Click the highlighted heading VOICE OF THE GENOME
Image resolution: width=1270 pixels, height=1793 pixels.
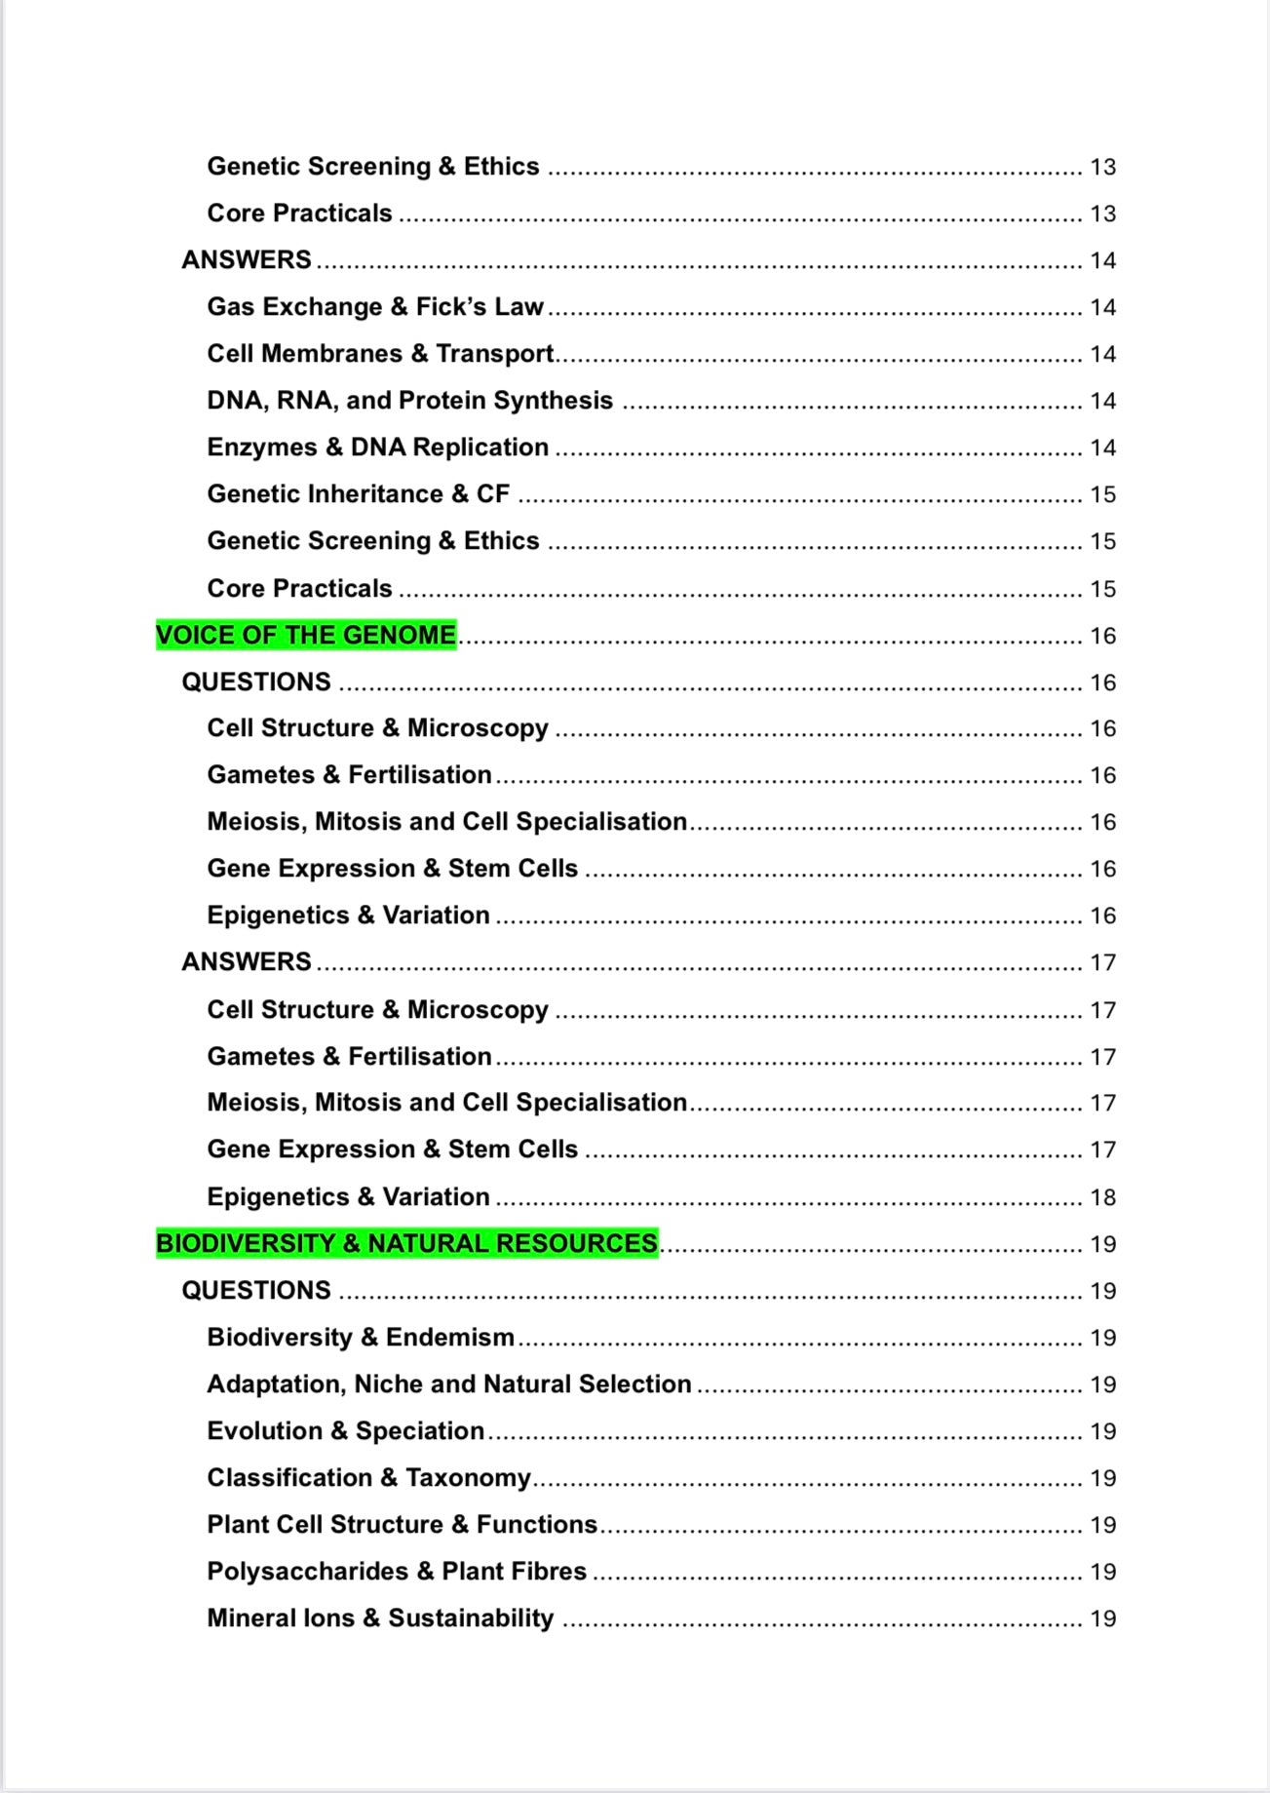[x=305, y=636]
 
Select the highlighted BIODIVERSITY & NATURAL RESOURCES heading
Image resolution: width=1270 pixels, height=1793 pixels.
[x=406, y=1244]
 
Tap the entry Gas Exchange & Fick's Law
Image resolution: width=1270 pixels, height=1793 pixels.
[x=374, y=307]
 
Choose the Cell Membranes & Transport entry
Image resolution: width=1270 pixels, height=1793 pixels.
[x=380, y=354]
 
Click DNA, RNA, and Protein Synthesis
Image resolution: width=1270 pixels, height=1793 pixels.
[x=409, y=401]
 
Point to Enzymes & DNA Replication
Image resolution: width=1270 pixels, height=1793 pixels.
[x=377, y=448]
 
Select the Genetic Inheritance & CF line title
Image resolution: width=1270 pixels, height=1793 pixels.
[x=358, y=494]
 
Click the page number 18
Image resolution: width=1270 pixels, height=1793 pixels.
[x=1102, y=1197]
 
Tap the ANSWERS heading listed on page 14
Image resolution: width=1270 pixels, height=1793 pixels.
[x=247, y=260]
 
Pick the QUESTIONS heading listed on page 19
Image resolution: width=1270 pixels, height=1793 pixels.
[x=256, y=1291]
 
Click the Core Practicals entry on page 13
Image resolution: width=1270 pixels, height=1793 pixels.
[x=299, y=214]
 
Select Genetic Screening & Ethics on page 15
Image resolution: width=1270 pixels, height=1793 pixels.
[x=372, y=541]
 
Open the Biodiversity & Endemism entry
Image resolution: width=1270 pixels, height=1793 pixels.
[x=360, y=1338]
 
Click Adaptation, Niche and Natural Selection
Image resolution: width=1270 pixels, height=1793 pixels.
[x=448, y=1384]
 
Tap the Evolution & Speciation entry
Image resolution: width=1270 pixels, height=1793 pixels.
[x=345, y=1431]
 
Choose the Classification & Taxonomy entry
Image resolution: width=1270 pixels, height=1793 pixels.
[x=368, y=1478]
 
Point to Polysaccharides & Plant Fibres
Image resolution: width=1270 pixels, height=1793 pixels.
[x=396, y=1572]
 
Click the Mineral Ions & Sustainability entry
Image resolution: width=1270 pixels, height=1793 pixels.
[x=380, y=1618]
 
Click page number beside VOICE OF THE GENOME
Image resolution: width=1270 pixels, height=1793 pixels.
[x=1102, y=636]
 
